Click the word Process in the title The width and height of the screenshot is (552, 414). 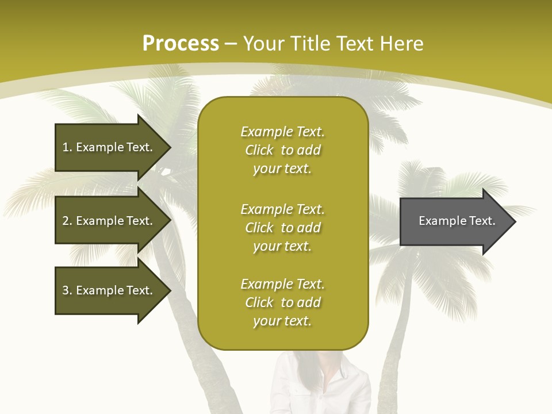click(x=181, y=44)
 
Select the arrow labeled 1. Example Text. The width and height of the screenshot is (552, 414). click(x=109, y=147)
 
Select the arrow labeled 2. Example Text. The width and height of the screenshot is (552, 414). click(x=109, y=221)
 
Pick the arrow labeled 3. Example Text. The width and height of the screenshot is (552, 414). click(x=109, y=290)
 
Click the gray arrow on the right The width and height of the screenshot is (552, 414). click(x=454, y=221)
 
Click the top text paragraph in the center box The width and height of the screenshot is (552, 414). click(x=282, y=150)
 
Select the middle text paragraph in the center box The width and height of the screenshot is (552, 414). click(x=282, y=228)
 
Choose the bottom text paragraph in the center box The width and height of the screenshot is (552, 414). click(x=282, y=302)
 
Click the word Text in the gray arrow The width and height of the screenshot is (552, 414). click(x=482, y=221)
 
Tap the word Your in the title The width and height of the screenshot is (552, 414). click(x=264, y=44)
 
